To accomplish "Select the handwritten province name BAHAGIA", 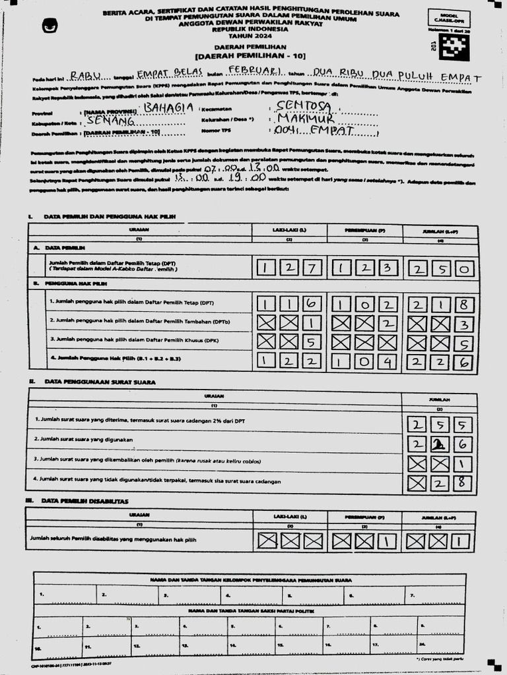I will (x=168, y=107).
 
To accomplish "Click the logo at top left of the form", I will (x=50, y=26).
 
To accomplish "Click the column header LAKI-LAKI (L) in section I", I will (x=289, y=230).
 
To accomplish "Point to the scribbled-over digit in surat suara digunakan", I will (x=436, y=445).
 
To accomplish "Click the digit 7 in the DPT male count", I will (x=312, y=268).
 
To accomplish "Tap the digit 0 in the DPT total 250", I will (x=464, y=268).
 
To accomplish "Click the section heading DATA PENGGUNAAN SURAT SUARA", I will (x=99, y=382).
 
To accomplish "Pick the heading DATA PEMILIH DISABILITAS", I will (x=86, y=501).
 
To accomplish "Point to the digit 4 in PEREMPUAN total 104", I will (x=388, y=361).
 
